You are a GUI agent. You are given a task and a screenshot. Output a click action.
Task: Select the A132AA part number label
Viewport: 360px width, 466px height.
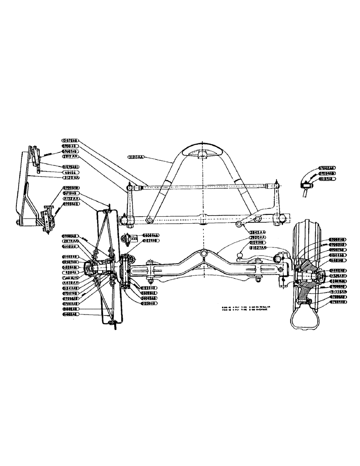click(71, 198)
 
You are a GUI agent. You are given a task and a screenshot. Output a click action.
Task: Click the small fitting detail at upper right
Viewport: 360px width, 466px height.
click(305, 185)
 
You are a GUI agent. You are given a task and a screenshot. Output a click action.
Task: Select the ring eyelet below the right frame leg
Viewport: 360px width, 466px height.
click(240, 226)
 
